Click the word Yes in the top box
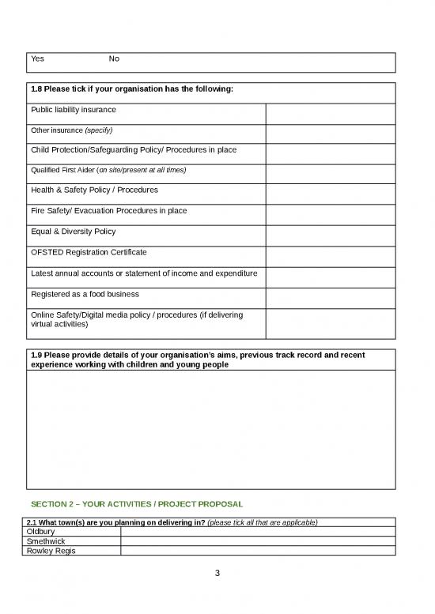[37, 59]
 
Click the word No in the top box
[114, 59]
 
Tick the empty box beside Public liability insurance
[330, 114]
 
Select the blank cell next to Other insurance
[330, 134]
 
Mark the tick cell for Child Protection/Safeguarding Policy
[330, 155]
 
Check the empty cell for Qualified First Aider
[330, 175]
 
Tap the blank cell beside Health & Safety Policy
[330, 195]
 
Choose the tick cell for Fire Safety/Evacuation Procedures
[330, 216]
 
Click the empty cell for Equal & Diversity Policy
[330, 236]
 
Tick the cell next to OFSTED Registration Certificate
[330, 257]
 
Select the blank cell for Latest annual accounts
[330, 277]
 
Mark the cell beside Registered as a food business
[330, 298]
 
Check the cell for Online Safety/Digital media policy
[330, 324]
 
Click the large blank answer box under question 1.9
[211, 430]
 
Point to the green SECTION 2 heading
[136, 504]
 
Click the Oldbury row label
[41, 532]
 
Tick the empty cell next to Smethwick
[258, 541]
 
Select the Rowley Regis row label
[51, 551]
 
